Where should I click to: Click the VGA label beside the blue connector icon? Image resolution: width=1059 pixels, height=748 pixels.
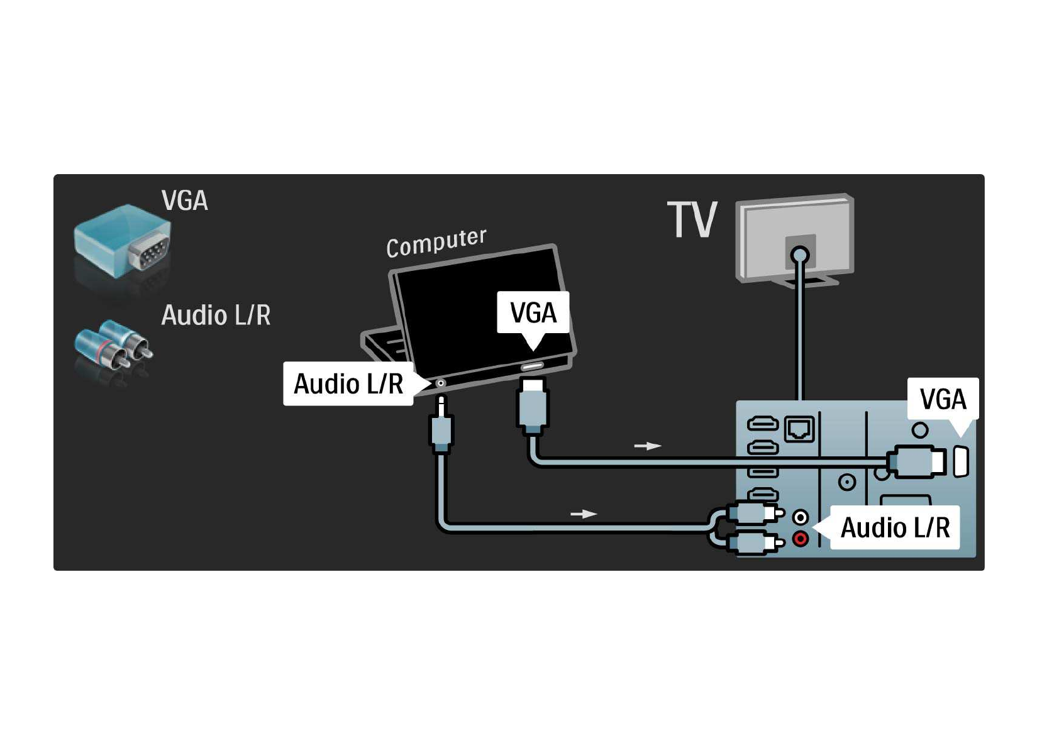184,201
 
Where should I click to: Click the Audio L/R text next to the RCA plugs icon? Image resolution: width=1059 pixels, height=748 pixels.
216,315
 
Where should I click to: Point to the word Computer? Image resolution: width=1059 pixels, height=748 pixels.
436,243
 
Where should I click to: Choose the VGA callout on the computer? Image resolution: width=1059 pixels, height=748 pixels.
533,312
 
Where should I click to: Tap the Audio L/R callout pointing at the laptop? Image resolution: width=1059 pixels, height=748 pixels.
348,383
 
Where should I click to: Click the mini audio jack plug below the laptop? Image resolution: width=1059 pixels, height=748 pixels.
441,427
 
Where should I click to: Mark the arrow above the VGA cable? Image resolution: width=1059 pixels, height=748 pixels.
648,446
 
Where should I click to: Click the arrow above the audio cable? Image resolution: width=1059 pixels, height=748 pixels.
584,514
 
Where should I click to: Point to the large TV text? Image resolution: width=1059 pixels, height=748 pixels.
692,220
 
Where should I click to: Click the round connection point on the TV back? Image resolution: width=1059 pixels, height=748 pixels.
800,255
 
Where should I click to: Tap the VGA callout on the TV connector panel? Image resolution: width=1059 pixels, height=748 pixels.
943,399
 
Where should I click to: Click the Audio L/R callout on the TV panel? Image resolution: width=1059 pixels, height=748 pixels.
895,527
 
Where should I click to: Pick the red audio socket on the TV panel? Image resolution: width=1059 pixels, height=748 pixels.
800,539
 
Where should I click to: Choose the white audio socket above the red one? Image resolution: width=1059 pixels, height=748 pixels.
800,517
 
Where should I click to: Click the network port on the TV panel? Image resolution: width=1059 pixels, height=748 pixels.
799,429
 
